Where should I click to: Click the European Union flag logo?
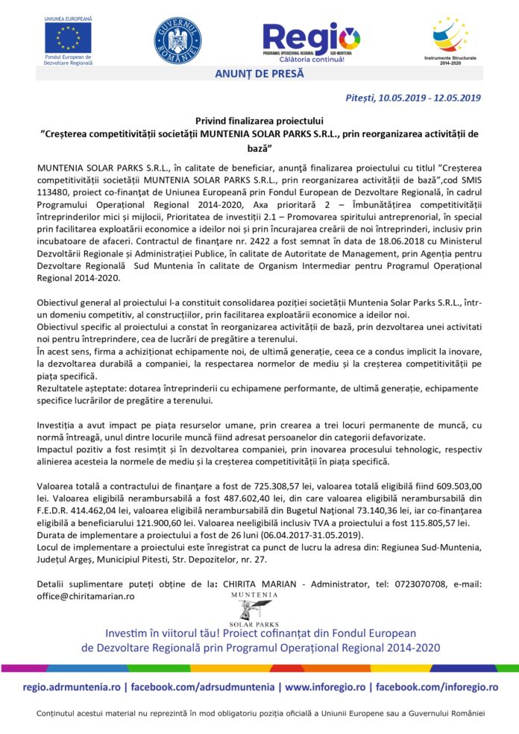pos(68,37)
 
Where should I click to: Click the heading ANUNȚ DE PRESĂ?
pos(259,73)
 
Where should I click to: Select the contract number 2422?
pos(240,253)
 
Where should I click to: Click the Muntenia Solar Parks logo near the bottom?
pos(254,609)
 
